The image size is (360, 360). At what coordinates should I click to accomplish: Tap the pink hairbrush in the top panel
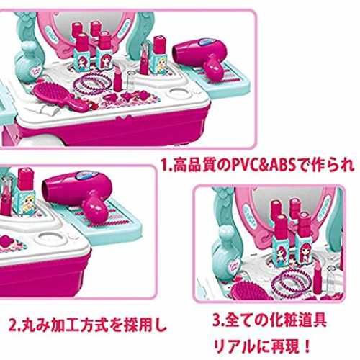(x=60, y=96)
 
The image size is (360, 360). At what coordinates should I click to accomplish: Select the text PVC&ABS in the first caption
(x=261, y=165)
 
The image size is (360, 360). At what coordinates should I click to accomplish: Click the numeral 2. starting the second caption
(x=14, y=325)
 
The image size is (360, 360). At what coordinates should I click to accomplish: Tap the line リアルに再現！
(x=262, y=346)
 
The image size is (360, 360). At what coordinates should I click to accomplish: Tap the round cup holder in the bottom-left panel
(x=51, y=237)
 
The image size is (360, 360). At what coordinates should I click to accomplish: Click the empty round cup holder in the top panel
(x=181, y=94)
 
